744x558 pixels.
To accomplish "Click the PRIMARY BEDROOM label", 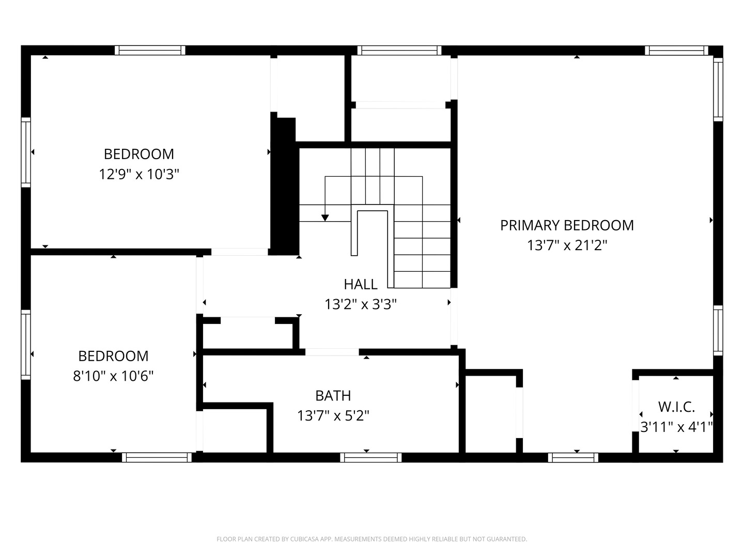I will point(567,225).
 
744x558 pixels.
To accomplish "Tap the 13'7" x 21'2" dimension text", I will point(567,245).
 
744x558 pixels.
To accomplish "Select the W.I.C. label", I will point(676,407).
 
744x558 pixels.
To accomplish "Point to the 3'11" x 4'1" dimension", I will point(676,427).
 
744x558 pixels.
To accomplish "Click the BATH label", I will point(333,396).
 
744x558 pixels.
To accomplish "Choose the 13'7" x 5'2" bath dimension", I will point(333,415).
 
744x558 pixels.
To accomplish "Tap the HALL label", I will point(361,284).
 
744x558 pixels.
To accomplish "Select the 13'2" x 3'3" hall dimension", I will point(361,304).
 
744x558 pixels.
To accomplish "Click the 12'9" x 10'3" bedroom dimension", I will point(139,174).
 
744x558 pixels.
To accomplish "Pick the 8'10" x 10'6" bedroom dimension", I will point(113,376).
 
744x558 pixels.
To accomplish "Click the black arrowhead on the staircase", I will point(325,218).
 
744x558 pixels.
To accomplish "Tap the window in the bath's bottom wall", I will point(371,457).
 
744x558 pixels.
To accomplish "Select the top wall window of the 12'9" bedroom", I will point(150,50).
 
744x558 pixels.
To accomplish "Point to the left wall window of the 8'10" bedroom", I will point(25,344).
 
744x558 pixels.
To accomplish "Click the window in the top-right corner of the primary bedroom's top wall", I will point(676,51).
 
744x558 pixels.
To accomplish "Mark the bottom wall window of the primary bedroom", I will point(573,457).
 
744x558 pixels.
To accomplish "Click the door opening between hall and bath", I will point(332,352).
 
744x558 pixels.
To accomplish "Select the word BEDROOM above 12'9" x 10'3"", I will point(139,154).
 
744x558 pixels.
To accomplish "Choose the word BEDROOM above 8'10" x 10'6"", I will point(113,356).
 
